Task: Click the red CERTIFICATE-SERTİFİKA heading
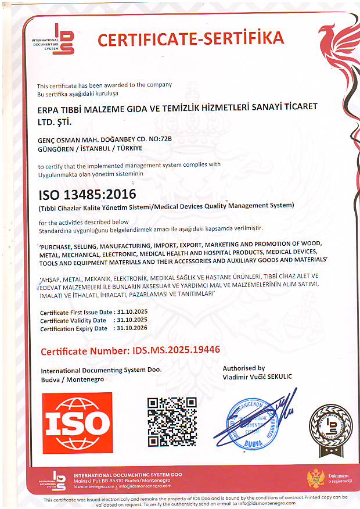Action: (x=190, y=39)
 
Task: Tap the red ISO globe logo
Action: (x=77, y=421)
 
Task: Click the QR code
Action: (x=171, y=421)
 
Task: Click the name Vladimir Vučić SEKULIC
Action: (x=257, y=377)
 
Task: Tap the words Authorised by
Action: (x=244, y=368)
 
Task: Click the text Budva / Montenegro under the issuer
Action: (x=72, y=379)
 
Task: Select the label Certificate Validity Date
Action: (x=73, y=320)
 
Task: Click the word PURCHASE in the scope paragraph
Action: (x=60, y=245)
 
